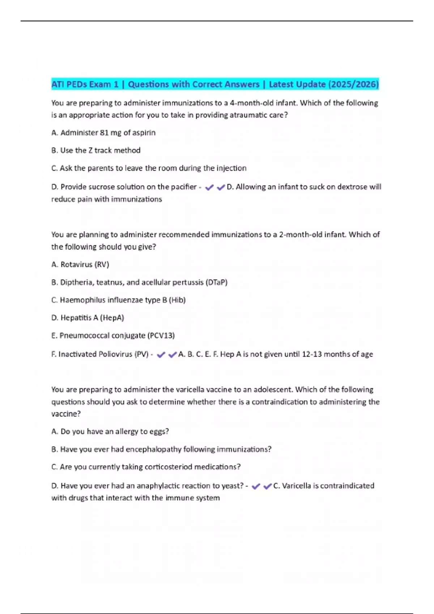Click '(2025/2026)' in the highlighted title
pyautogui.click(x=353, y=85)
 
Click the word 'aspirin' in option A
pyautogui.click(x=144, y=133)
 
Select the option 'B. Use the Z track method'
pyautogui.click(x=96, y=151)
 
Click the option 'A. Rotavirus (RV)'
pyautogui.click(x=80, y=265)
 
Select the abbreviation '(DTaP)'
pyautogui.click(x=216, y=282)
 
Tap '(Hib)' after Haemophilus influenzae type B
pyautogui.click(x=177, y=300)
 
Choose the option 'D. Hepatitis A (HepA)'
pyautogui.click(x=88, y=318)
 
